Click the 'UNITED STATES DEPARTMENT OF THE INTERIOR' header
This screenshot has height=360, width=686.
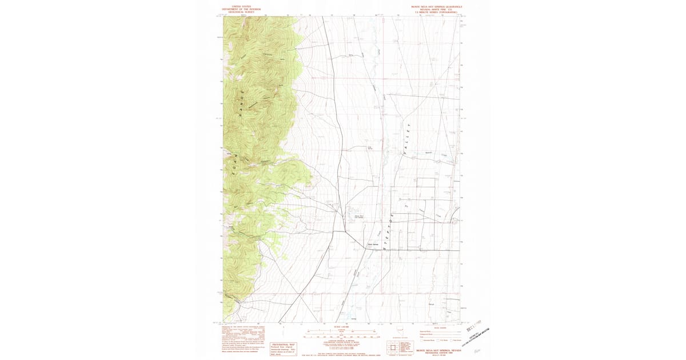click(241, 9)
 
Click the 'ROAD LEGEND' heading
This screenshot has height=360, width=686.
click(439, 327)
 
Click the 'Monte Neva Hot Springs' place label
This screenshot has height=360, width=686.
click(359, 217)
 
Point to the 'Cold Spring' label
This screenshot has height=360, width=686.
click(370, 149)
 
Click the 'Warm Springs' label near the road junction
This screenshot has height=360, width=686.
click(373, 244)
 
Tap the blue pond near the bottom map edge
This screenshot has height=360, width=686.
click(346, 314)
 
